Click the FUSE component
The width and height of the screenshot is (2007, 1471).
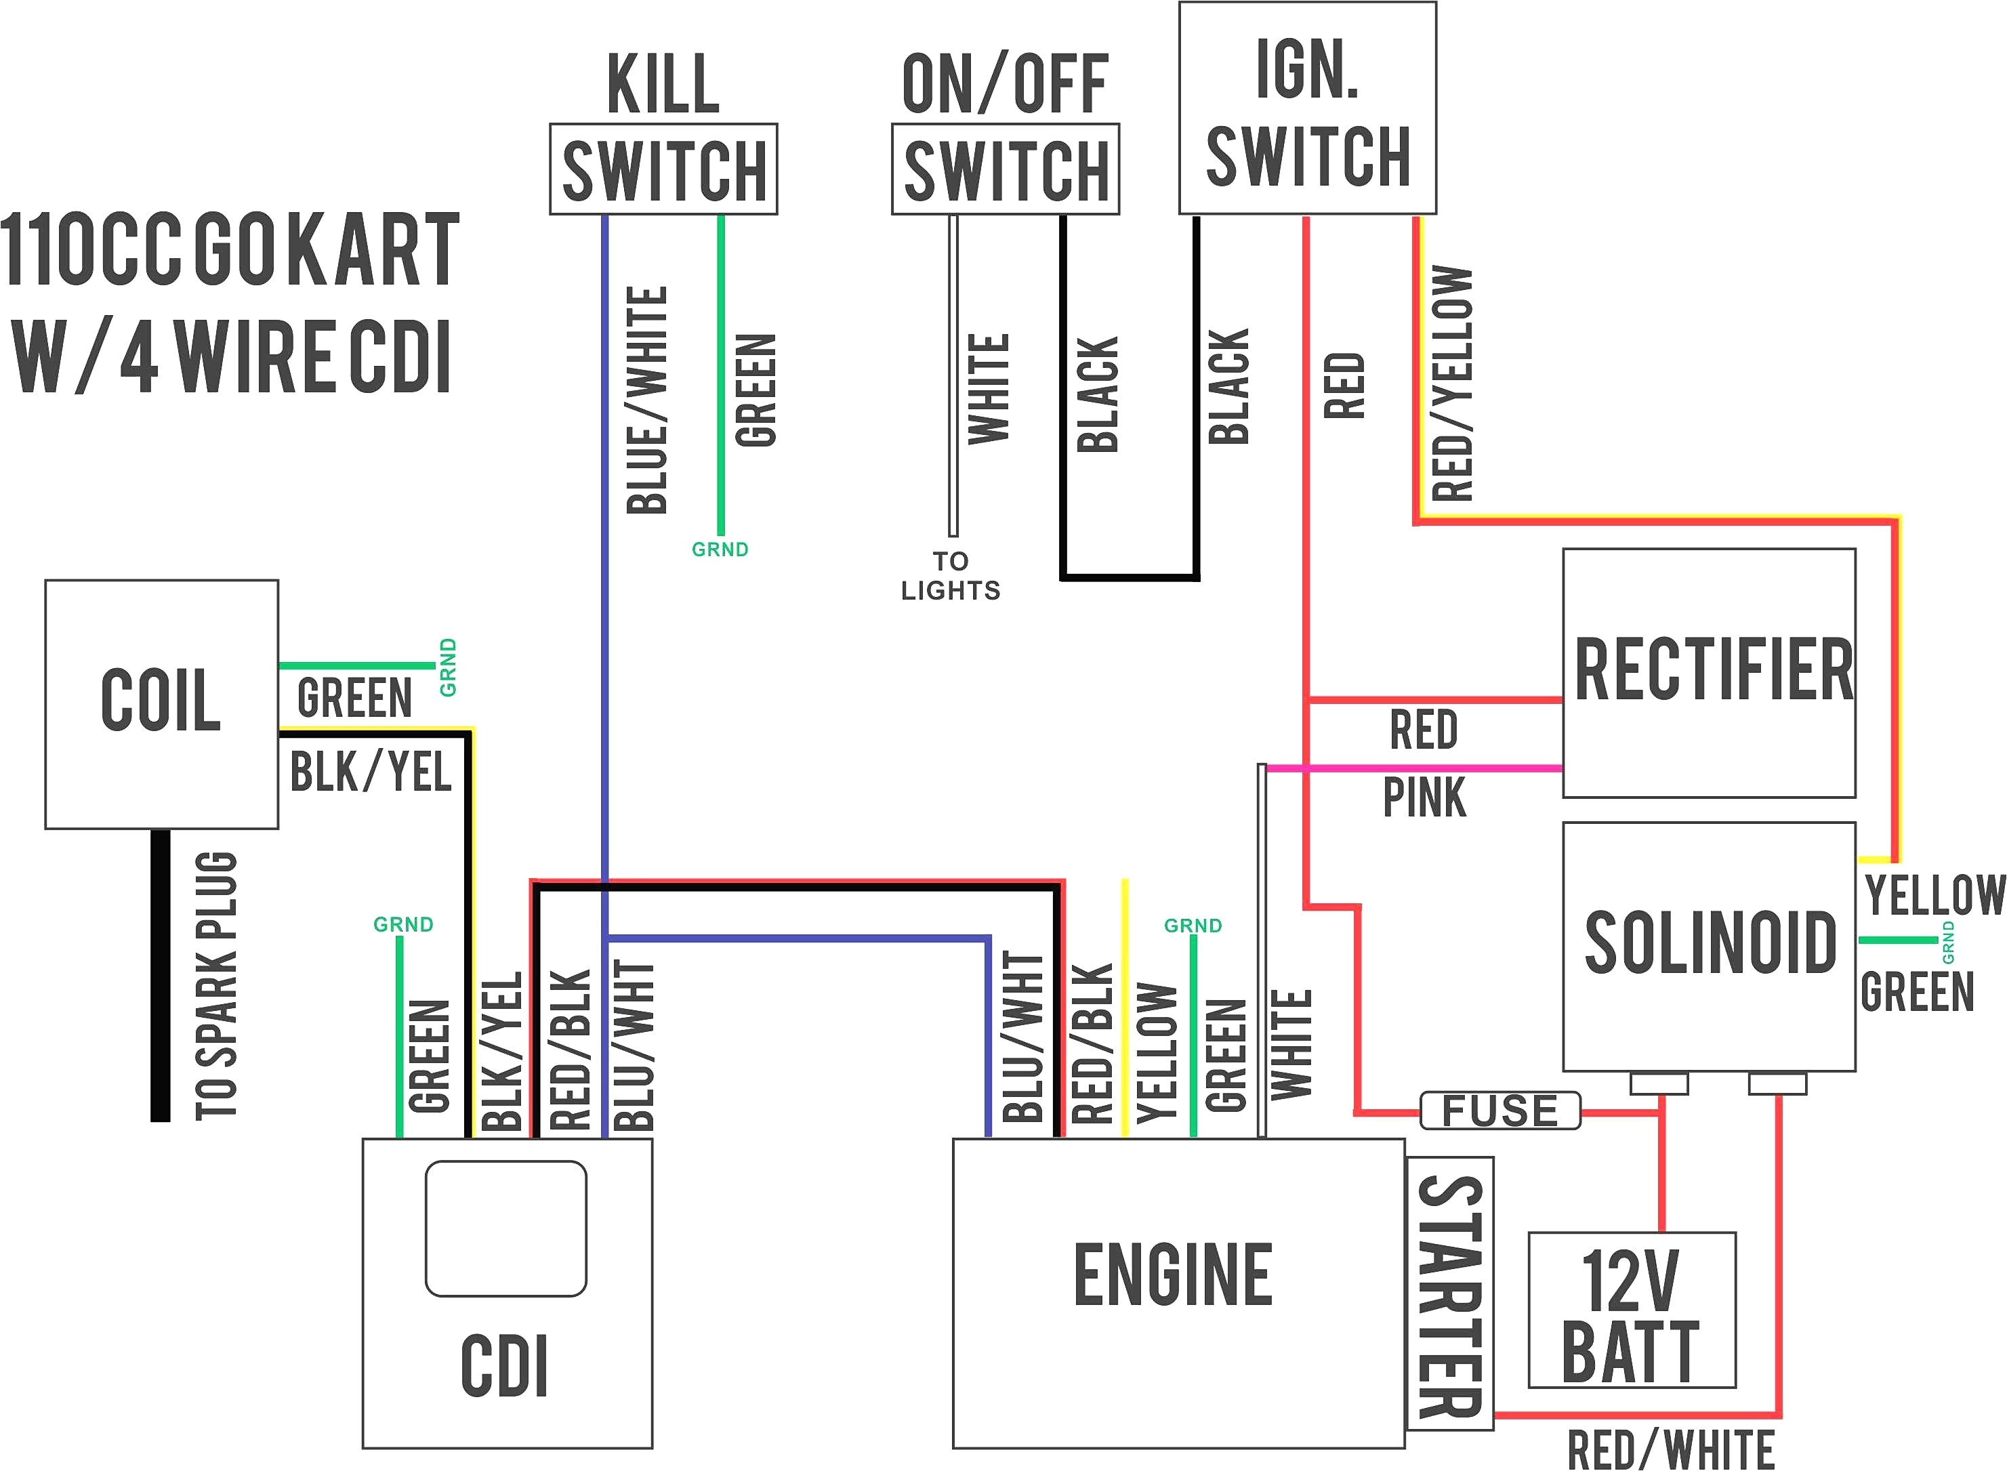pyautogui.click(x=1499, y=1111)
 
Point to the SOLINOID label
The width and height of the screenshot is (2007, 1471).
pyautogui.click(x=1710, y=942)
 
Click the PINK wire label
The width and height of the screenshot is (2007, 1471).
pyautogui.click(x=1423, y=797)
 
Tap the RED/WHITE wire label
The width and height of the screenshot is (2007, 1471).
pyautogui.click(x=1670, y=1449)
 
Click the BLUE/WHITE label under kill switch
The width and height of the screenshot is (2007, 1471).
pyautogui.click(x=647, y=400)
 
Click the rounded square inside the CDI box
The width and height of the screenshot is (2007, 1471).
pyautogui.click(x=505, y=1229)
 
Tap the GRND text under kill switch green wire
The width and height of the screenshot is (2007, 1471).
pyautogui.click(x=720, y=550)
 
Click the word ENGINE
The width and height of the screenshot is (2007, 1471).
pyautogui.click(x=1173, y=1275)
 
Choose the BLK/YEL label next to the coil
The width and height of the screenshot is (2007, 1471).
pyautogui.click(x=371, y=771)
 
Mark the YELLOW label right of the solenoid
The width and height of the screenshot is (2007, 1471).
pyautogui.click(x=1934, y=895)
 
